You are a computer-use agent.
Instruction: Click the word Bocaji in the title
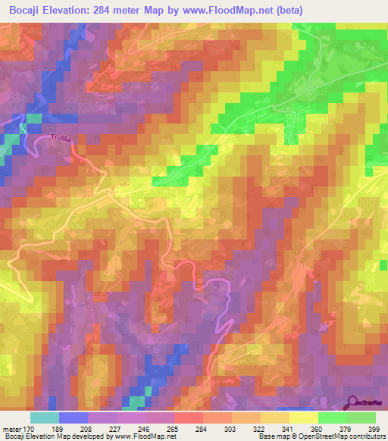coord(26,10)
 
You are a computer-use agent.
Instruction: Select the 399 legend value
coord(374,429)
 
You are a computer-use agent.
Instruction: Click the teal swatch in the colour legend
coord(45,418)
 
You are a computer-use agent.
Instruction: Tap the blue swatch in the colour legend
coord(74,418)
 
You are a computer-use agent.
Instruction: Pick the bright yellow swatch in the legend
coord(304,418)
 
